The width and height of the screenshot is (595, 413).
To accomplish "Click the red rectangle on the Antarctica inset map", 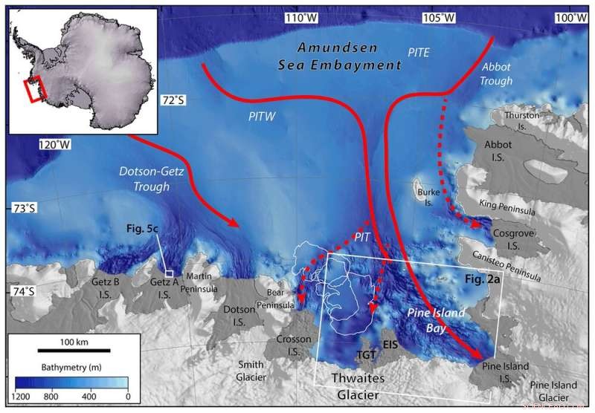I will pyautogui.click(x=35, y=90).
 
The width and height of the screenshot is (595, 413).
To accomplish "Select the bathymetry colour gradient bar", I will pyautogui.click(x=71, y=384).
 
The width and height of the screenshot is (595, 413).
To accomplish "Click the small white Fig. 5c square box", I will pyautogui.click(x=169, y=273).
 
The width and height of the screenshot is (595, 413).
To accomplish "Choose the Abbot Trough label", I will pyautogui.click(x=500, y=75).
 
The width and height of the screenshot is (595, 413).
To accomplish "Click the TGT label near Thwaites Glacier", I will pyautogui.click(x=365, y=355).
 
